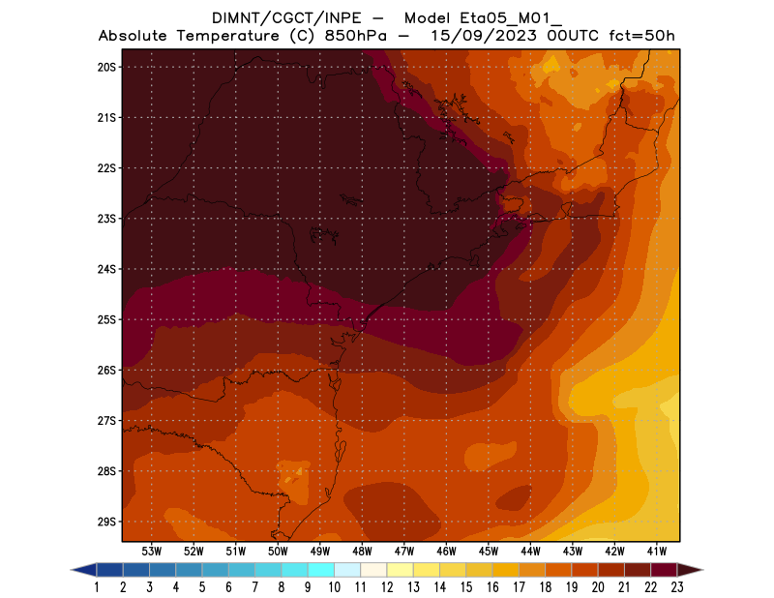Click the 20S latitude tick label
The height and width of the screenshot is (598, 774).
(x=106, y=67)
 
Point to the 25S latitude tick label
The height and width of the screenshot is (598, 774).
(x=106, y=319)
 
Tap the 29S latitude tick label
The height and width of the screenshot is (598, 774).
(x=106, y=522)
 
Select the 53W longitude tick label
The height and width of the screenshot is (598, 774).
(x=151, y=551)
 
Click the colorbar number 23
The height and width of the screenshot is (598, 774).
(x=676, y=587)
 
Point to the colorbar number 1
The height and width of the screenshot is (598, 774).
(x=98, y=587)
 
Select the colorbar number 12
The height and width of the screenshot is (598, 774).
(x=387, y=587)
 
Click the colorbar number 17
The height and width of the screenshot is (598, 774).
(x=519, y=587)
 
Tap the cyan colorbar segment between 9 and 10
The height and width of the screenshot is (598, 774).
(x=321, y=570)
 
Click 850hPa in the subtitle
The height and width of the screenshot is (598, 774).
(x=358, y=36)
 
